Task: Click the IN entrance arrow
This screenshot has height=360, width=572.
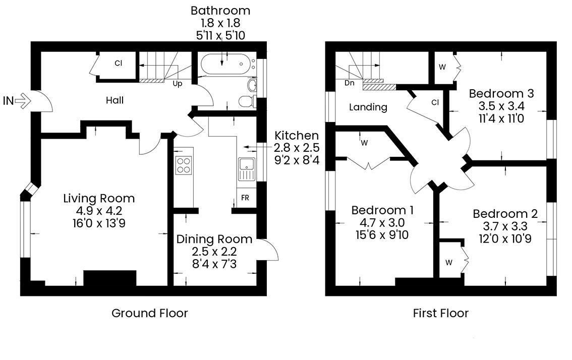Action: tap(23, 101)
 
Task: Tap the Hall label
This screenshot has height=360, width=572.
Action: tap(115, 100)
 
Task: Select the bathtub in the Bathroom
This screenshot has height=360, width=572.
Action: tap(225, 65)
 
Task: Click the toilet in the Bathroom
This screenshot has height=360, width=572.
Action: tap(247, 101)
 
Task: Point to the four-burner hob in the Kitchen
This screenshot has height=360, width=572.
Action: tap(183, 165)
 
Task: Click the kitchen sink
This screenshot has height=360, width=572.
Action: tap(247, 169)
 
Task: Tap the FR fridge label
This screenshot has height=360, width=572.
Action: tap(245, 198)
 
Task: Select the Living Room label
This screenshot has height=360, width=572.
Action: tap(99, 199)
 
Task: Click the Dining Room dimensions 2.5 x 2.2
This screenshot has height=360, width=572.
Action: tap(214, 251)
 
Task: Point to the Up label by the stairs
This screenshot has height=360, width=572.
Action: tap(177, 84)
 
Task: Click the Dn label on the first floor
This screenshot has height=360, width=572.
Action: tap(349, 83)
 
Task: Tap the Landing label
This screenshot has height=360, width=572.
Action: tap(368, 107)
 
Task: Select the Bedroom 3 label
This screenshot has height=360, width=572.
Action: tap(501, 94)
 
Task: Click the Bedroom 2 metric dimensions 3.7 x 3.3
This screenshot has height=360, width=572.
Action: tap(505, 226)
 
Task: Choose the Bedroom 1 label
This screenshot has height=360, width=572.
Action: tap(382, 210)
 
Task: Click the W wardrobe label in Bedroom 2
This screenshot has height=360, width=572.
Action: tap(449, 263)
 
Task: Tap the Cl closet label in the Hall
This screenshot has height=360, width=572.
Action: tap(118, 63)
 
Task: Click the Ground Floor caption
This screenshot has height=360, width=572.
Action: tap(150, 313)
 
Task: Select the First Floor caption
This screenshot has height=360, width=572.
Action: tap(441, 313)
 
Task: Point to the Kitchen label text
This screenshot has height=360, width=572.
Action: tap(297, 136)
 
